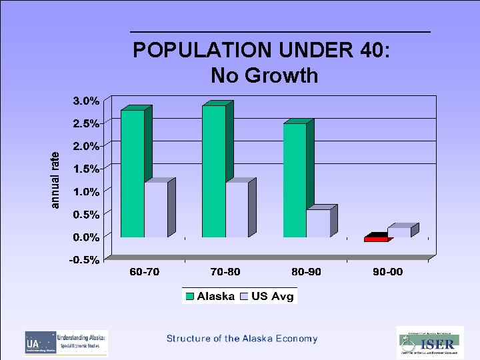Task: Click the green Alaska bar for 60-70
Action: [132, 173]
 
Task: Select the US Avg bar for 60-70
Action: [156, 209]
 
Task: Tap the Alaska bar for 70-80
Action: [213, 171]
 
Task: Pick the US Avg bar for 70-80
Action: [237, 209]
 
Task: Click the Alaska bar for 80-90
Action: [295, 180]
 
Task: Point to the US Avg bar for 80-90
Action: [318, 223]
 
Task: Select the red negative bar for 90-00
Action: [376, 239]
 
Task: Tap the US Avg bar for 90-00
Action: [399, 232]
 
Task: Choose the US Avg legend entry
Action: [267, 296]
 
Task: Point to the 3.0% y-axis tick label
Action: [86, 101]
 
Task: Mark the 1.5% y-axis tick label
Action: [86, 169]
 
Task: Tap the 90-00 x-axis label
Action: [387, 272]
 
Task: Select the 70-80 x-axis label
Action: [225, 272]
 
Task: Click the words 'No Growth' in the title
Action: [264, 75]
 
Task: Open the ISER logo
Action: [430, 343]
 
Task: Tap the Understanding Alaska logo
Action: [66, 343]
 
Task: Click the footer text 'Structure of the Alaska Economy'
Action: [242, 339]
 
